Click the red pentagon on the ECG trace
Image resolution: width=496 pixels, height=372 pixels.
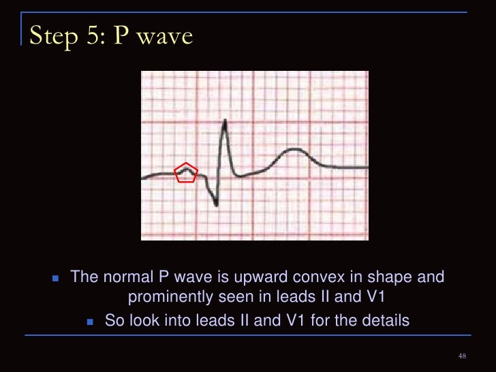pos(185,173)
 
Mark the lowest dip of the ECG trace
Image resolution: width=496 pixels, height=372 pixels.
pos(217,204)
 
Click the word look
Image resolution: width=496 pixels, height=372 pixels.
pos(141,320)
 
